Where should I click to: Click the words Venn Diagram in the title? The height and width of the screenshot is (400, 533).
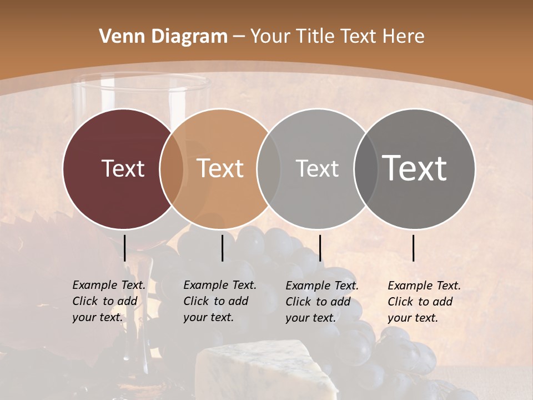(163, 37)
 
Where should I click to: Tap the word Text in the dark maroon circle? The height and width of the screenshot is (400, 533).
(123, 168)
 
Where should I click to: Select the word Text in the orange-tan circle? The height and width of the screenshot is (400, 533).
(220, 168)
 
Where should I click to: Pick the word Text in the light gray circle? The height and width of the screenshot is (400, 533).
(317, 168)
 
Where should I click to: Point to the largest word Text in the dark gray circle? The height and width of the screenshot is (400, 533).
(415, 168)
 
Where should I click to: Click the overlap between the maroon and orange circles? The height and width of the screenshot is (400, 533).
(172, 168)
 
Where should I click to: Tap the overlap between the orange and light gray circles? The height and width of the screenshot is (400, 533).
(269, 168)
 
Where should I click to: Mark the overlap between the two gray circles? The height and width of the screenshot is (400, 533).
(366, 168)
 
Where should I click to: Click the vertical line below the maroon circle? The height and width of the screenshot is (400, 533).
(125, 248)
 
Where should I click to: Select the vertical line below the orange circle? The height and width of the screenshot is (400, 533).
(222, 248)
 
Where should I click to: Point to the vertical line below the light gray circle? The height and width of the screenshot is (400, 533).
(320, 248)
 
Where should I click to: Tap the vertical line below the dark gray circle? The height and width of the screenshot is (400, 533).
(414, 248)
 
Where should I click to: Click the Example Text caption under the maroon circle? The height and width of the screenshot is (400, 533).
(109, 301)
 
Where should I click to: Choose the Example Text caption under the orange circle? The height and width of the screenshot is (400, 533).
(220, 301)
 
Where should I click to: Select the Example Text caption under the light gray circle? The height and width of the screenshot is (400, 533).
(322, 302)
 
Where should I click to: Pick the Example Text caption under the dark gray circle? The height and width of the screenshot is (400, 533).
(424, 302)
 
